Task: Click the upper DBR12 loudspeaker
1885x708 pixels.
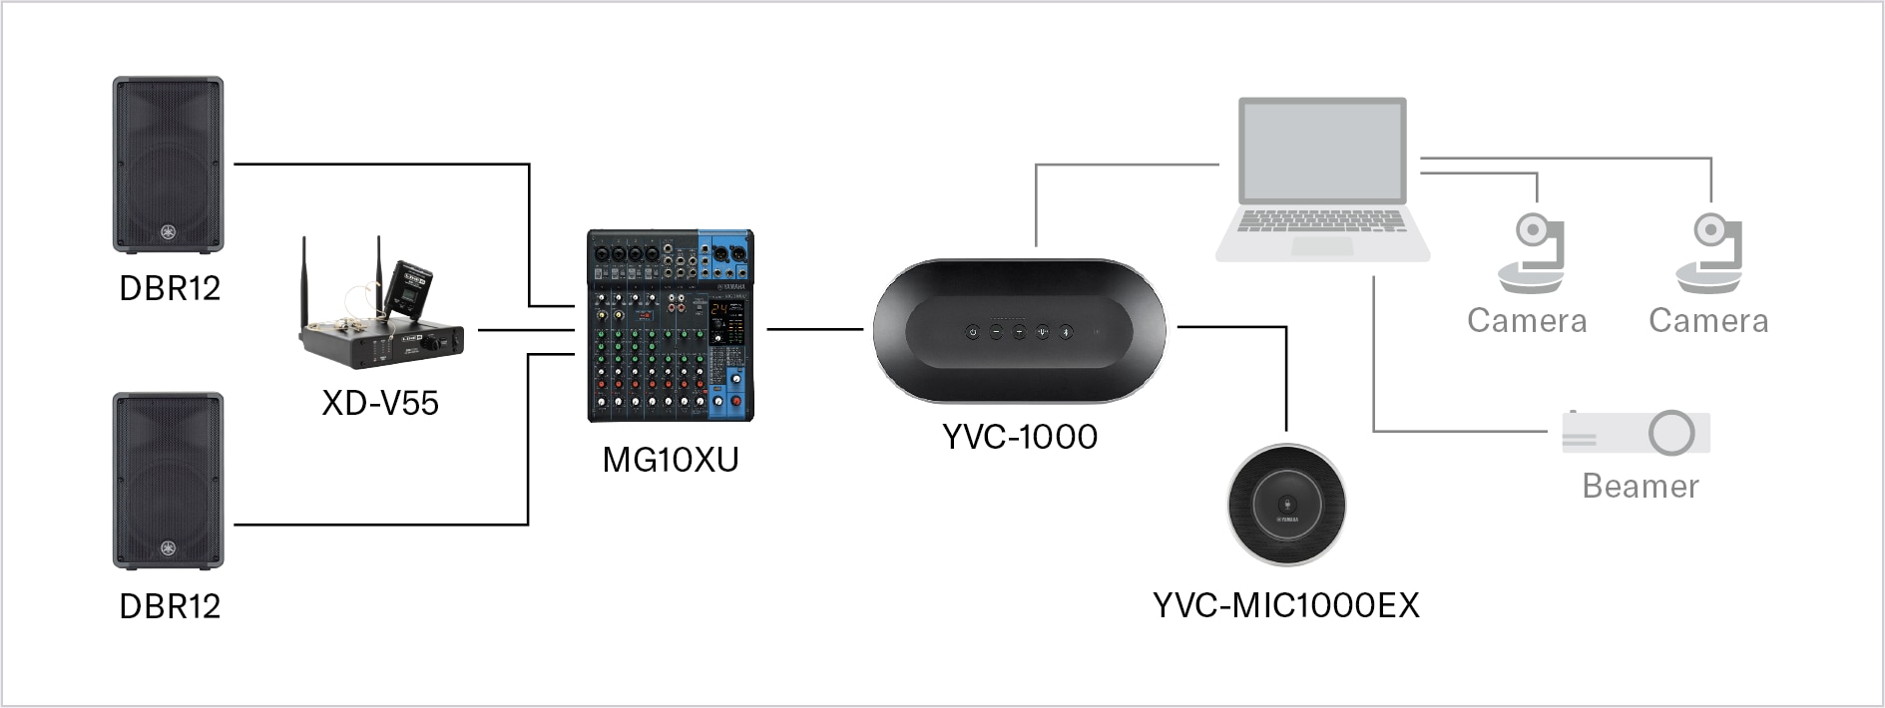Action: (x=168, y=164)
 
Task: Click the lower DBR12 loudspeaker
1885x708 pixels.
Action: (x=168, y=481)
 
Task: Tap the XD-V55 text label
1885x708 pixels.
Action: (x=380, y=403)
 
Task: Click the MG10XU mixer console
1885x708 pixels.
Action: (x=670, y=326)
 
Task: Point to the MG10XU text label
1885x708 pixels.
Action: (x=670, y=460)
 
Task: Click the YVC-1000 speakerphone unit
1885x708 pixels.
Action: (x=1019, y=331)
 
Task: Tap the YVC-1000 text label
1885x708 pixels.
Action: (x=1019, y=437)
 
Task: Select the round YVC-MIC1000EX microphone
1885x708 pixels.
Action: (x=1285, y=505)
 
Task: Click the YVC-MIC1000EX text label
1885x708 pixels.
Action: (x=1285, y=605)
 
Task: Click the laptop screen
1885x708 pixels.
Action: (x=1322, y=151)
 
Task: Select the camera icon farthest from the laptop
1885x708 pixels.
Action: (x=1710, y=255)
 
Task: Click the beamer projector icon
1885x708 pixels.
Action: (x=1637, y=434)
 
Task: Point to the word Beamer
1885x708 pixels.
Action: (x=1640, y=487)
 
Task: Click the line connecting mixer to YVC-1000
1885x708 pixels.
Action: (x=814, y=328)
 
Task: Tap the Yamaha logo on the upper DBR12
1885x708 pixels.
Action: (x=168, y=232)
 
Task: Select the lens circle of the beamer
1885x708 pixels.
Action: (x=1671, y=433)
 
